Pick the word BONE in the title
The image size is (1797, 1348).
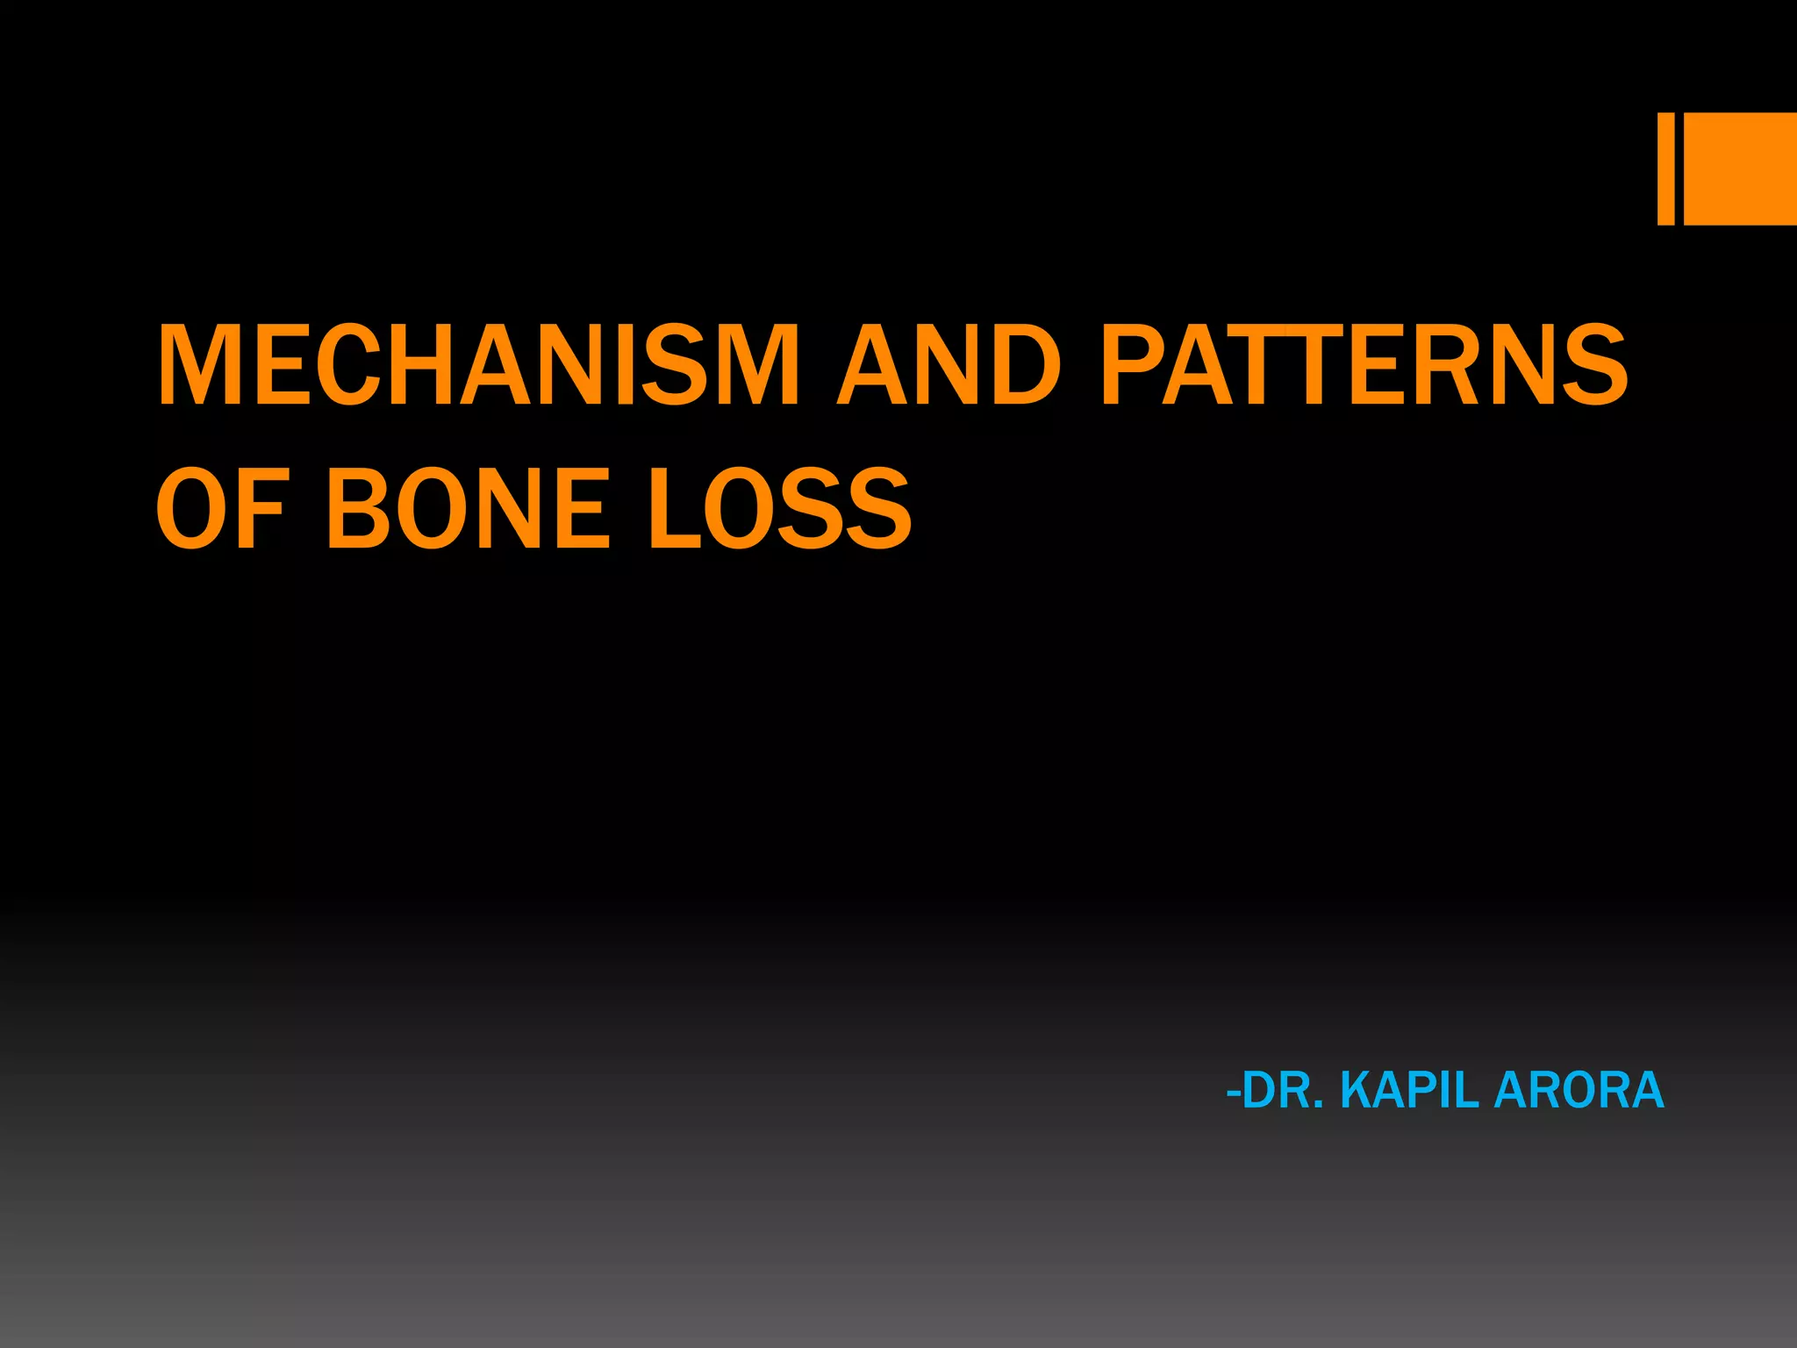[467, 509]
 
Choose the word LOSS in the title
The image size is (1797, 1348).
[779, 509]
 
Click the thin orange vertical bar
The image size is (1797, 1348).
[1665, 168]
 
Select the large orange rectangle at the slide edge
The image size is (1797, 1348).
[1740, 168]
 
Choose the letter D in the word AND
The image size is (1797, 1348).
[1019, 365]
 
